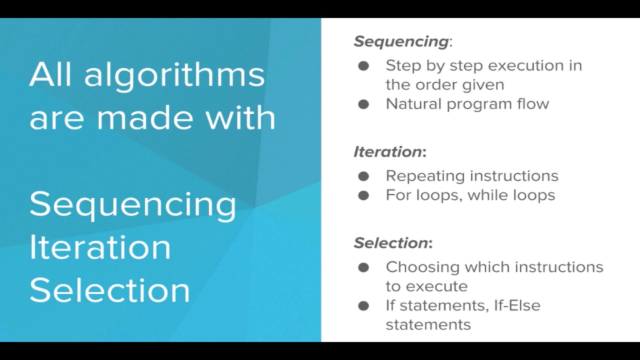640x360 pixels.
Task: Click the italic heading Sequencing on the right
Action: [x=401, y=41]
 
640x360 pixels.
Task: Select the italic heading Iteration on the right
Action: [x=388, y=152]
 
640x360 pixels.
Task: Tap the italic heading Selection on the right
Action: [x=391, y=243]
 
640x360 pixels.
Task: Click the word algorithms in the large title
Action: [x=174, y=75]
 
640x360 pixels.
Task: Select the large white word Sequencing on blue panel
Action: [x=133, y=204]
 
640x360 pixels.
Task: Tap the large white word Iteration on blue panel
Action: [x=100, y=247]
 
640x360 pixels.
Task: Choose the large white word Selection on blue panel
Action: [x=109, y=290]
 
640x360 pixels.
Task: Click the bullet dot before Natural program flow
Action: [x=363, y=104]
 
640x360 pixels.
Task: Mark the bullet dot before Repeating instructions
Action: [x=363, y=176]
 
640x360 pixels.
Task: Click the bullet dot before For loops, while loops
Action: [x=363, y=195]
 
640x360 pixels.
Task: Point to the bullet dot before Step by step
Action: [x=363, y=65]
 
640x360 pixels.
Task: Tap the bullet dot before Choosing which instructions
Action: [x=363, y=267]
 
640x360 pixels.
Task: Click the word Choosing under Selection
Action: [x=422, y=267]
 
